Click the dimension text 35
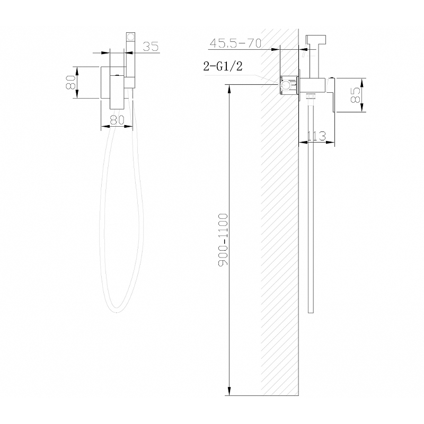pos(151,47)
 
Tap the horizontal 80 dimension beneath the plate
pos(117,120)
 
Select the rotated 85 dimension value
pos(356,95)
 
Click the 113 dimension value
pos(316,136)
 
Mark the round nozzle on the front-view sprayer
pos(130,38)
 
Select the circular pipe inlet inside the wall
pos(286,85)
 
